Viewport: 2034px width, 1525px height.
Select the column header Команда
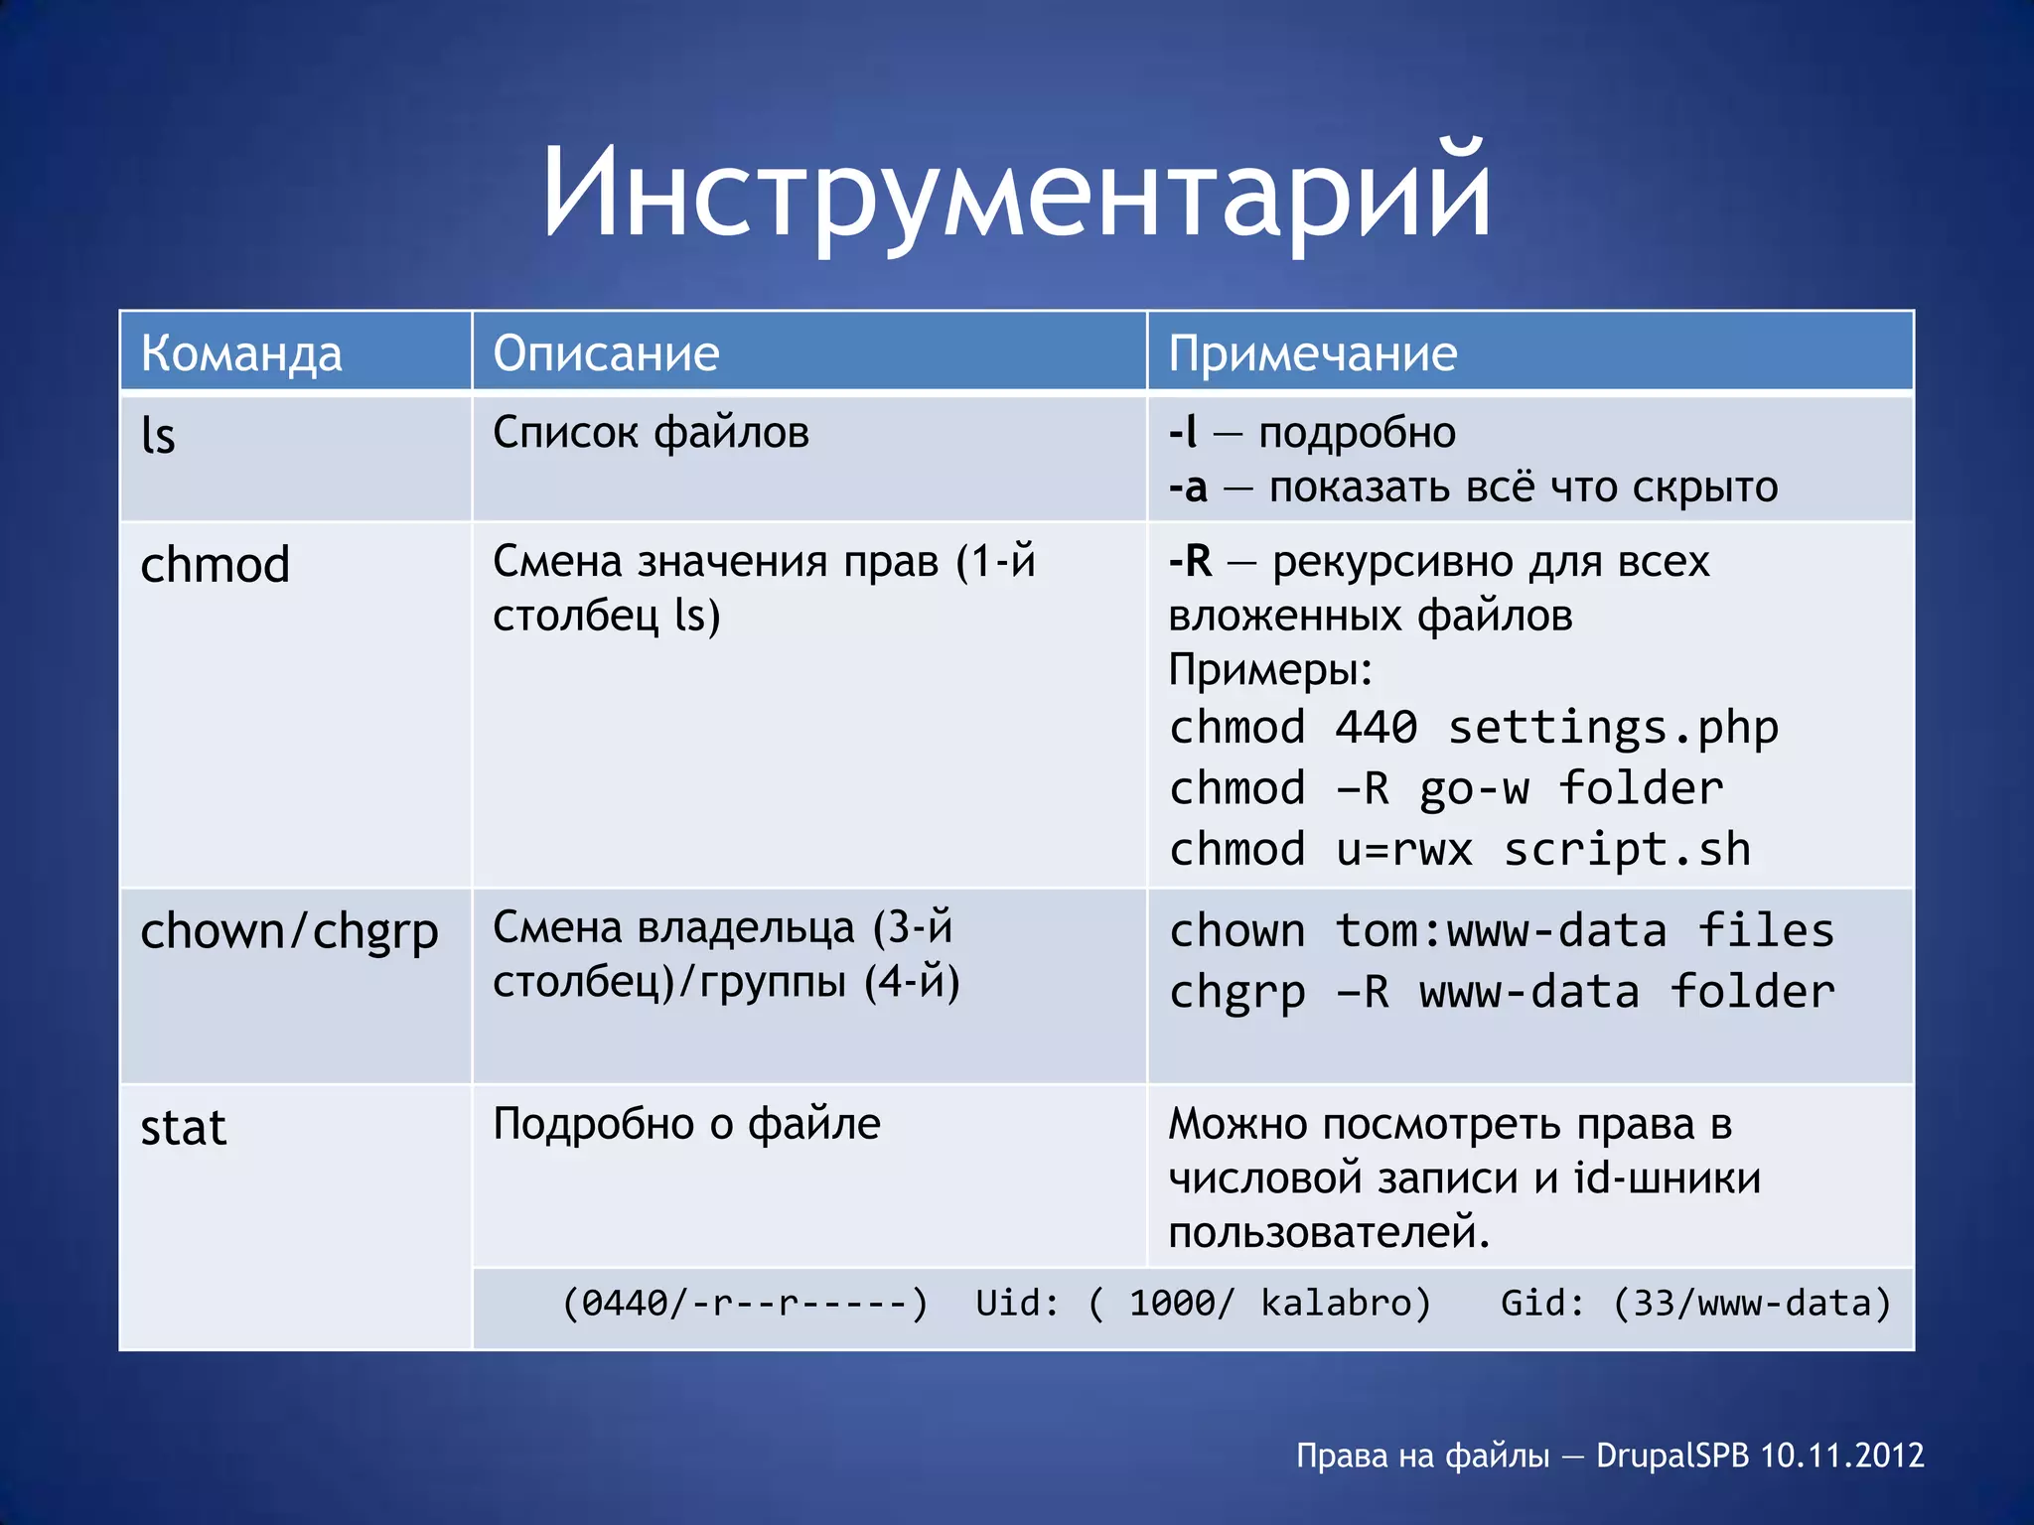point(241,353)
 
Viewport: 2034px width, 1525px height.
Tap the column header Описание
point(606,353)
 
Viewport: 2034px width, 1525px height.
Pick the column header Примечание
point(1312,353)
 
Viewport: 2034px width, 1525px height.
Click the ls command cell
point(159,435)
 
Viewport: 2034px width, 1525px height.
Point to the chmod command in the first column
point(215,564)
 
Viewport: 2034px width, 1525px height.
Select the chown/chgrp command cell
point(289,931)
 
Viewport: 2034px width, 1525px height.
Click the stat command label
point(184,1128)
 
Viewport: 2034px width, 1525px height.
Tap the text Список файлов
point(651,433)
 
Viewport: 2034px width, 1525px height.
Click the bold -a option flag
point(1188,487)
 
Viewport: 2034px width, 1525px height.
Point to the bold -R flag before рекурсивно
point(1190,561)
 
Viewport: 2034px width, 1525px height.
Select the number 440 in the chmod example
point(1376,727)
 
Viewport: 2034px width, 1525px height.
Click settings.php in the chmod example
point(1613,729)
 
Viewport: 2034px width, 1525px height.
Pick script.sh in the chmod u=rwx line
point(1626,850)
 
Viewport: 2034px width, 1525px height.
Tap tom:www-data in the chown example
point(1500,931)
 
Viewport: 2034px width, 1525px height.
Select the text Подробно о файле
point(686,1124)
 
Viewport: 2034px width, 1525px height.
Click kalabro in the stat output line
point(1345,1303)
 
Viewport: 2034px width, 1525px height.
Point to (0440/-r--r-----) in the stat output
point(745,1303)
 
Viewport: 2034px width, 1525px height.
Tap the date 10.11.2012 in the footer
point(1841,1456)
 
